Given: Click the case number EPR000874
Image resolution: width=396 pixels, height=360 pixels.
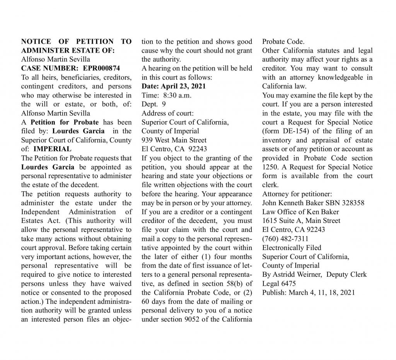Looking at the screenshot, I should point(102,68).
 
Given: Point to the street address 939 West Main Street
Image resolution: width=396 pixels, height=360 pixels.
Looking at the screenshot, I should point(174,140).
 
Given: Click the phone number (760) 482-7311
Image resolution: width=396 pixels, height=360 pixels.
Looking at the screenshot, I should point(285,238).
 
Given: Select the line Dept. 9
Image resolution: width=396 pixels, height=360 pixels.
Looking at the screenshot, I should point(154,104).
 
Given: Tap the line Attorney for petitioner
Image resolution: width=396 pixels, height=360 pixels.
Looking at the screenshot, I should point(297,194).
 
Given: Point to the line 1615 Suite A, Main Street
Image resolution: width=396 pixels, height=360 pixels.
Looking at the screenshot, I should point(301,220).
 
